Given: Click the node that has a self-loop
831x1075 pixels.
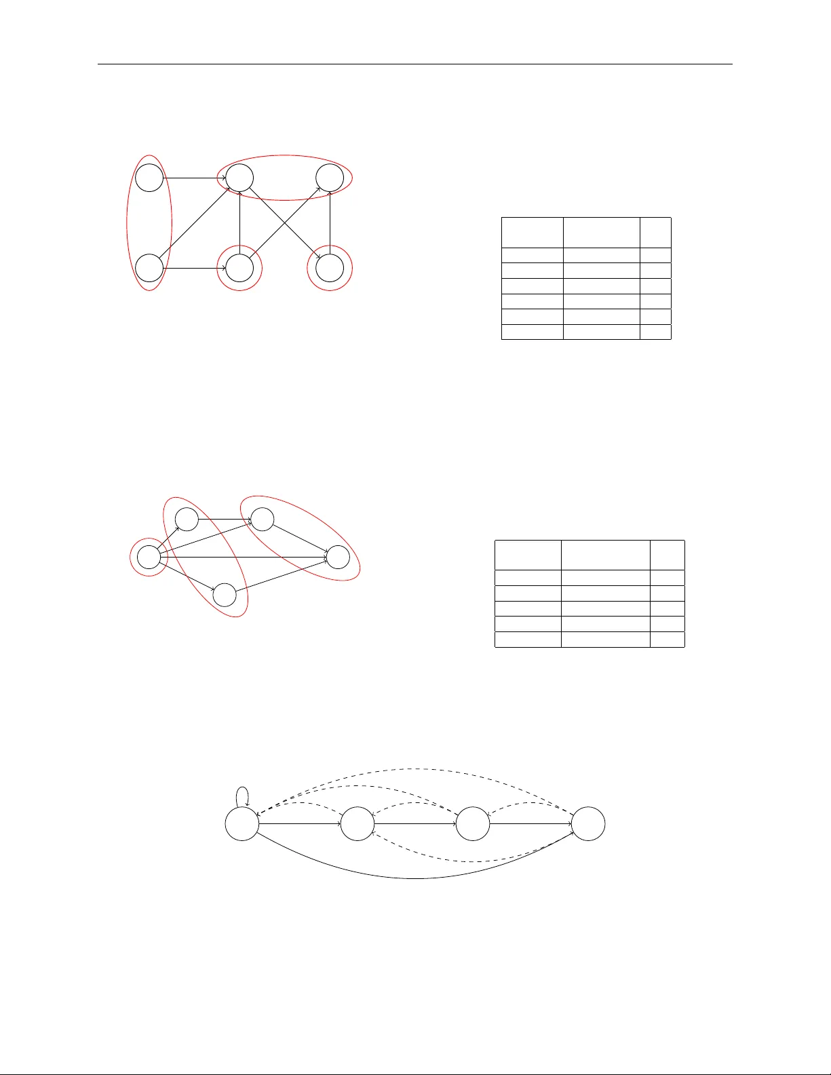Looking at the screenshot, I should [242, 824].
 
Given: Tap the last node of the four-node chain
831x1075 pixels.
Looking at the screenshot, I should [588, 824].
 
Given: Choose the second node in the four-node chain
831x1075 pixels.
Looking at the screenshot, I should [357, 824].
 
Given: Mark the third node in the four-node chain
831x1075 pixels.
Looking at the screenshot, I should [473, 824].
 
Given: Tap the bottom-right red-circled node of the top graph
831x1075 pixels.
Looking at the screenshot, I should [330, 269].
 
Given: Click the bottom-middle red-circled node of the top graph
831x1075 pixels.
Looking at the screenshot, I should [239, 269].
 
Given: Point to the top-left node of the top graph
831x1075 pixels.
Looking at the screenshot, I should [149, 178].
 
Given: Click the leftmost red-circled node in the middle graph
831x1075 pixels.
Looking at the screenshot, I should [149, 558].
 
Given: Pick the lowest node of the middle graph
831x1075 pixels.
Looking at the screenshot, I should [225, 595].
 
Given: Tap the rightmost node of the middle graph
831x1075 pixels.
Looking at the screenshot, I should [339, 557].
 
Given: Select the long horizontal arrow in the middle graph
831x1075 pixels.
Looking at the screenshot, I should [244, 557].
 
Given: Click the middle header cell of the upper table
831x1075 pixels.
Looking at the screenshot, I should [601, 233].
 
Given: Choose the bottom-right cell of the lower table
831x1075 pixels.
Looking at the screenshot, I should [667, 640].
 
